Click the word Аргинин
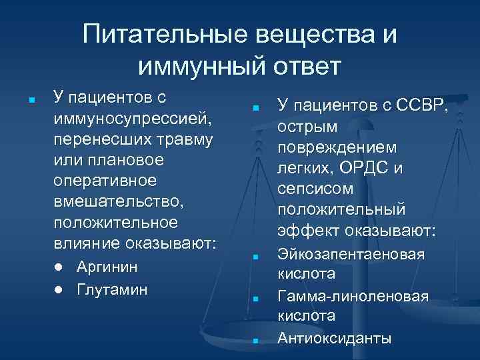point(108,267)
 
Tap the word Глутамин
point(113,290)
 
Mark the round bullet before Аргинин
point(59,267)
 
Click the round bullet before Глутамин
point(59,291)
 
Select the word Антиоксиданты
point(335,338)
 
